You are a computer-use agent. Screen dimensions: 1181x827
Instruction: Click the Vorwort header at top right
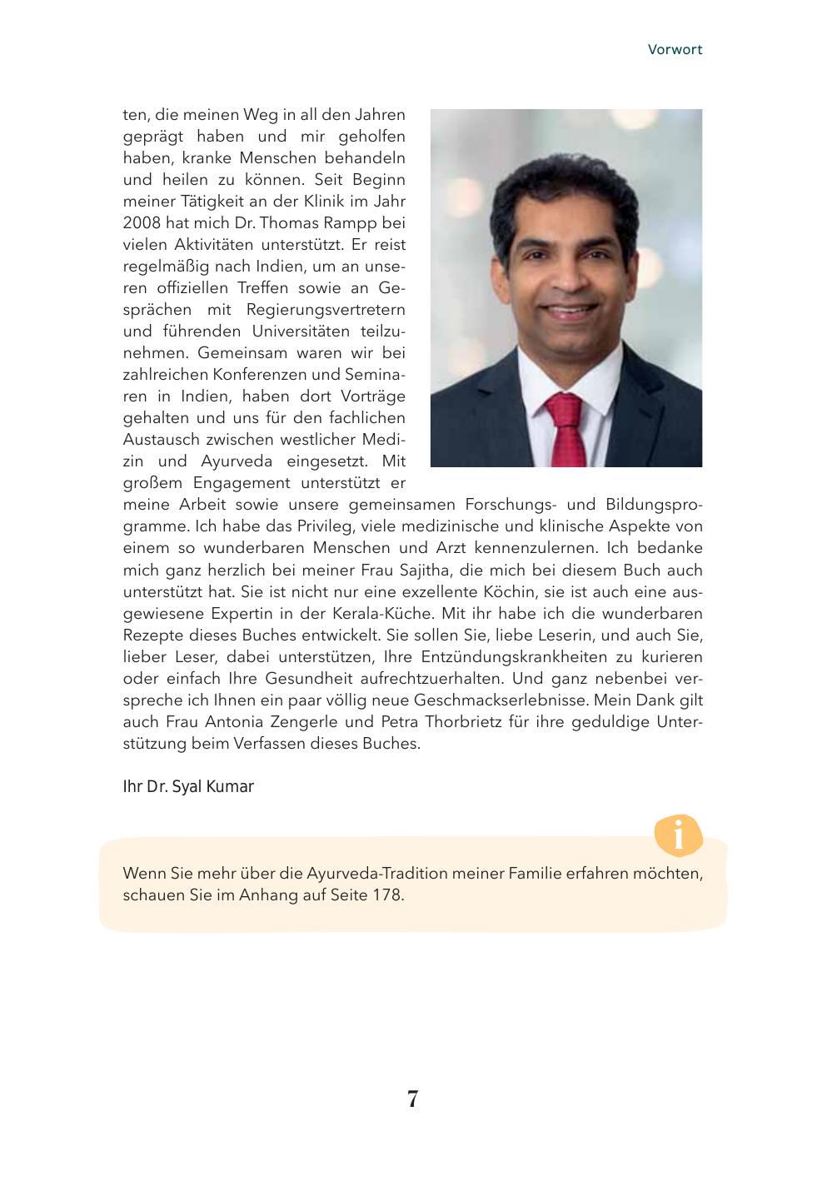[x=675, y=50]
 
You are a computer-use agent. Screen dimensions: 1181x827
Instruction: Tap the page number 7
[x=413, y=1099]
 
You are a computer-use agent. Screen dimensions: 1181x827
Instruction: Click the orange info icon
[x=678, y=835]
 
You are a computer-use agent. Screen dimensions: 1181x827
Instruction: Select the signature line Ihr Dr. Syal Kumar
[x=188, y=787]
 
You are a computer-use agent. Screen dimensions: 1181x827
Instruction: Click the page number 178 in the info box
[x=386, y=895]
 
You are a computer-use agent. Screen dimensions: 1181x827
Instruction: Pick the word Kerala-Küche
[x=382, y=614]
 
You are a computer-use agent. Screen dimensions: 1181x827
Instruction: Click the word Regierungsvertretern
[x=326, y=310]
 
